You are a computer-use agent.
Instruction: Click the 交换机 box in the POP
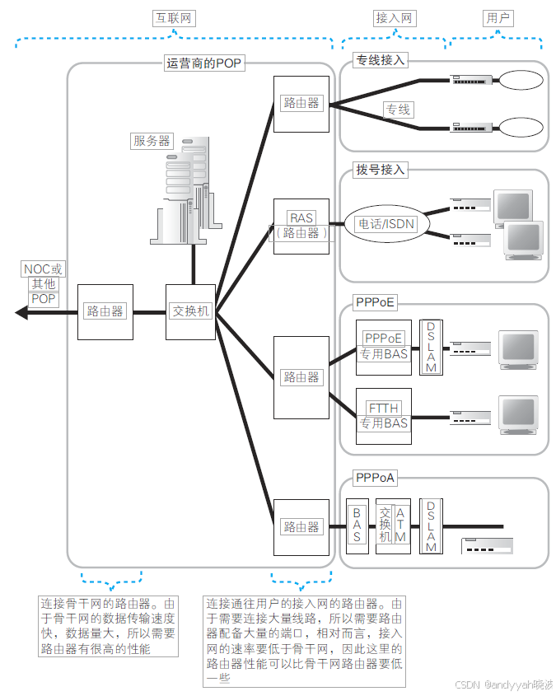191,311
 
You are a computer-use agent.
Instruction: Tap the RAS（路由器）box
301,225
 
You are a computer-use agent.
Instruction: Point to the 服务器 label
152,141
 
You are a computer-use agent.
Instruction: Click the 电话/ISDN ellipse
385,224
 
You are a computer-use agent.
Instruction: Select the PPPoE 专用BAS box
383,346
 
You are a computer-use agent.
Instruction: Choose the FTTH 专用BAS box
383,416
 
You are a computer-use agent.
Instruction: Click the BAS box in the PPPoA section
357,525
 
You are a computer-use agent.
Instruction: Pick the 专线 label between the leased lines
398,110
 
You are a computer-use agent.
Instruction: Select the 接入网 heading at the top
393,18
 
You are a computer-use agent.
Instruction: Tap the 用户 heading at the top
498,18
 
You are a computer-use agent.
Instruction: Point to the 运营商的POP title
204,63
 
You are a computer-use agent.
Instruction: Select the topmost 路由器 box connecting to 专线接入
301,103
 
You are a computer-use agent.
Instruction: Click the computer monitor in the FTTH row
519,412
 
